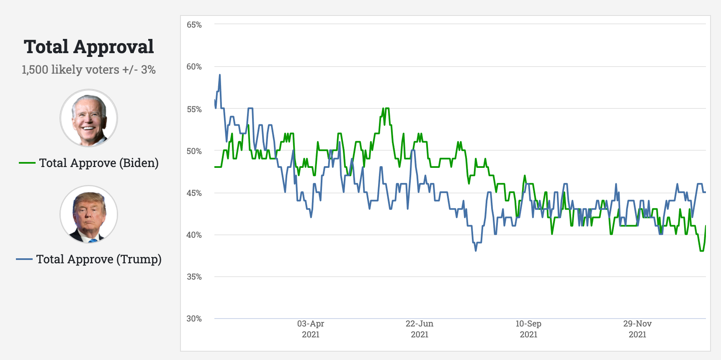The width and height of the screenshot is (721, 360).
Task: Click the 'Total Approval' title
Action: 89,47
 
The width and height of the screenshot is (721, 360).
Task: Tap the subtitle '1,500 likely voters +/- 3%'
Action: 89,69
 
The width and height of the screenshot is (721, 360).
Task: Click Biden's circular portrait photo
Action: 89,118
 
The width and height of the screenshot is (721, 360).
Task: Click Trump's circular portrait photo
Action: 89,214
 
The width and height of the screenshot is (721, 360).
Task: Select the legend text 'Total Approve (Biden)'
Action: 99,163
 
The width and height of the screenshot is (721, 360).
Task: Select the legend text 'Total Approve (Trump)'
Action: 99,259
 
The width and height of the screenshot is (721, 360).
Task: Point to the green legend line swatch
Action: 27,163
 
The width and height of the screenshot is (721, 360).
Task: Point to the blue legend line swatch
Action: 24,259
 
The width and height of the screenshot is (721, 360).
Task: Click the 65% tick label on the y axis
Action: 194,25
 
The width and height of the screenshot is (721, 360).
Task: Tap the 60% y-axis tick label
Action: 194,67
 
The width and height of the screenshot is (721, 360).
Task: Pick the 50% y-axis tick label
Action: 194,151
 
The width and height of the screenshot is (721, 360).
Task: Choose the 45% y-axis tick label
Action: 194,193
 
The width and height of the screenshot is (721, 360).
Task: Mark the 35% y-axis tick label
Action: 194,277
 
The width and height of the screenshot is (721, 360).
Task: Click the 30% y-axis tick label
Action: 194,319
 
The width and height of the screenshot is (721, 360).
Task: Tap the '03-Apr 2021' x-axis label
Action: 311,329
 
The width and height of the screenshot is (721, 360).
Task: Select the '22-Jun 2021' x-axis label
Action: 420,329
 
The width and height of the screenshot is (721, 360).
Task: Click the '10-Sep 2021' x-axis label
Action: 528,329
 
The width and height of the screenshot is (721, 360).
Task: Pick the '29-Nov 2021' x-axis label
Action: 637,329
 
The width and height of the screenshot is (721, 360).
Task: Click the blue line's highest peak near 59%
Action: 220,75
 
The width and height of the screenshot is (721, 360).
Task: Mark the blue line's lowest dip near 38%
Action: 476,250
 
